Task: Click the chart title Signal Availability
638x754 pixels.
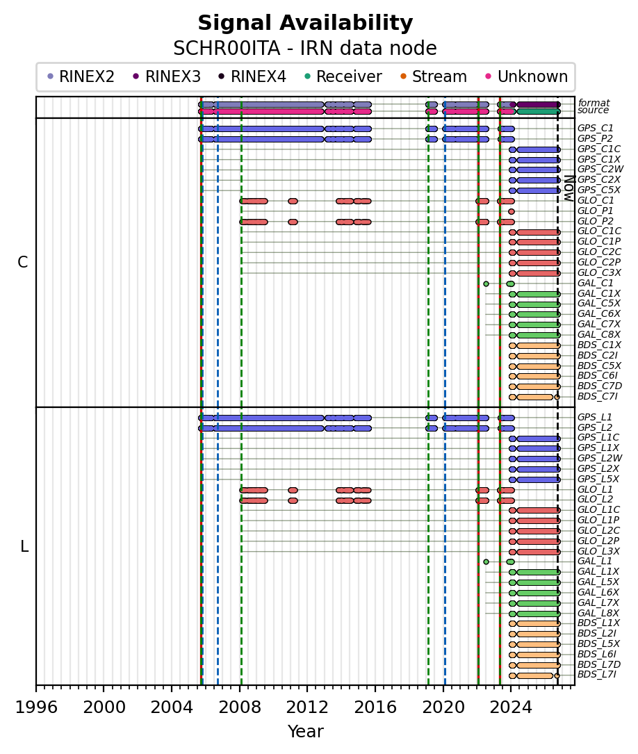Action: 305,23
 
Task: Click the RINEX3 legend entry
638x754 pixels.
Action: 166,76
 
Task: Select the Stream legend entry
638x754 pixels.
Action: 433,76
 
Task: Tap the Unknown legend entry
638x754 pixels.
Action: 527,76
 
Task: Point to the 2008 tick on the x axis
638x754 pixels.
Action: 241,685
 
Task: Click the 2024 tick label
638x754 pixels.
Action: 512,707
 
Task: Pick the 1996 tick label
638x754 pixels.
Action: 37,707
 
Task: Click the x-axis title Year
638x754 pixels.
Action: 305,731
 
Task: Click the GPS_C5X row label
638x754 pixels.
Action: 598,190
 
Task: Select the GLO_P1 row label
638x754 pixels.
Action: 595,211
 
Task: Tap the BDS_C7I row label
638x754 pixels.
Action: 597,396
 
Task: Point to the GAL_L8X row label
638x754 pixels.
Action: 598,613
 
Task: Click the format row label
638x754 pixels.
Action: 594,103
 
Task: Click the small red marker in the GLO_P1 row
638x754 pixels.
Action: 511,211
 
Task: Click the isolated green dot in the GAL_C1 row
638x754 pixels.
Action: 486,284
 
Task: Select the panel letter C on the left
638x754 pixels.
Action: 23,262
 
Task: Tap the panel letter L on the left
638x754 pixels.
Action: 24,546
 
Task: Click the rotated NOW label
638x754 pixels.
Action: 569,188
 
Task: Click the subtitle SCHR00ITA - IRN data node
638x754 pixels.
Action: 305,49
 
